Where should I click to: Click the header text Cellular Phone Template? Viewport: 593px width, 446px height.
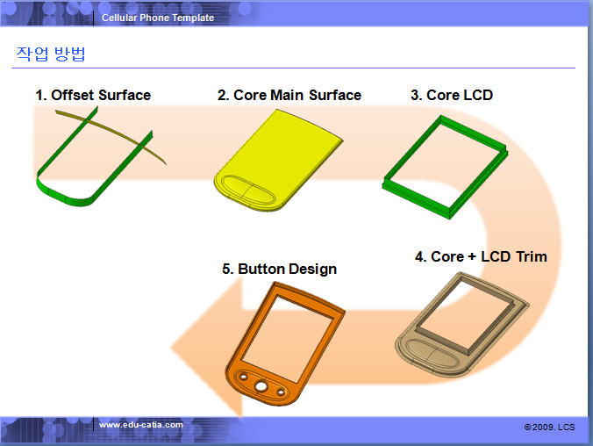[158, 18]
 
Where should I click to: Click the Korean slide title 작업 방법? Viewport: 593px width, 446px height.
[51, 54]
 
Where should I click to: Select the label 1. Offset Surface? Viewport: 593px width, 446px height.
[93, 95]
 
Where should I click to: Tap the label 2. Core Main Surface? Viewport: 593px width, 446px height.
[289, 95]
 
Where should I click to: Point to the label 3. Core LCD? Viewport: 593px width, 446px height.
[452, 95]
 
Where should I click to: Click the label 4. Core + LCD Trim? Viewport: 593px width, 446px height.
[481, 256]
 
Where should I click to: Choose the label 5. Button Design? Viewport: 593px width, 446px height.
[280, 269]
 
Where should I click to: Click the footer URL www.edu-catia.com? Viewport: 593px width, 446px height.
[141, 425]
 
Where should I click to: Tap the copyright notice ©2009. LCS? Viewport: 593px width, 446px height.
[549, 427]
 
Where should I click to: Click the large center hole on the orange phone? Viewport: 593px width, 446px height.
[261, 386]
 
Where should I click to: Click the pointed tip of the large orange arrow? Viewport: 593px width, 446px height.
[171, 347]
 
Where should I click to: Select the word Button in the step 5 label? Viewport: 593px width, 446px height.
[261, 269]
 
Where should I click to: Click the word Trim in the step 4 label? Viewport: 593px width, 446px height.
[532, 256]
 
